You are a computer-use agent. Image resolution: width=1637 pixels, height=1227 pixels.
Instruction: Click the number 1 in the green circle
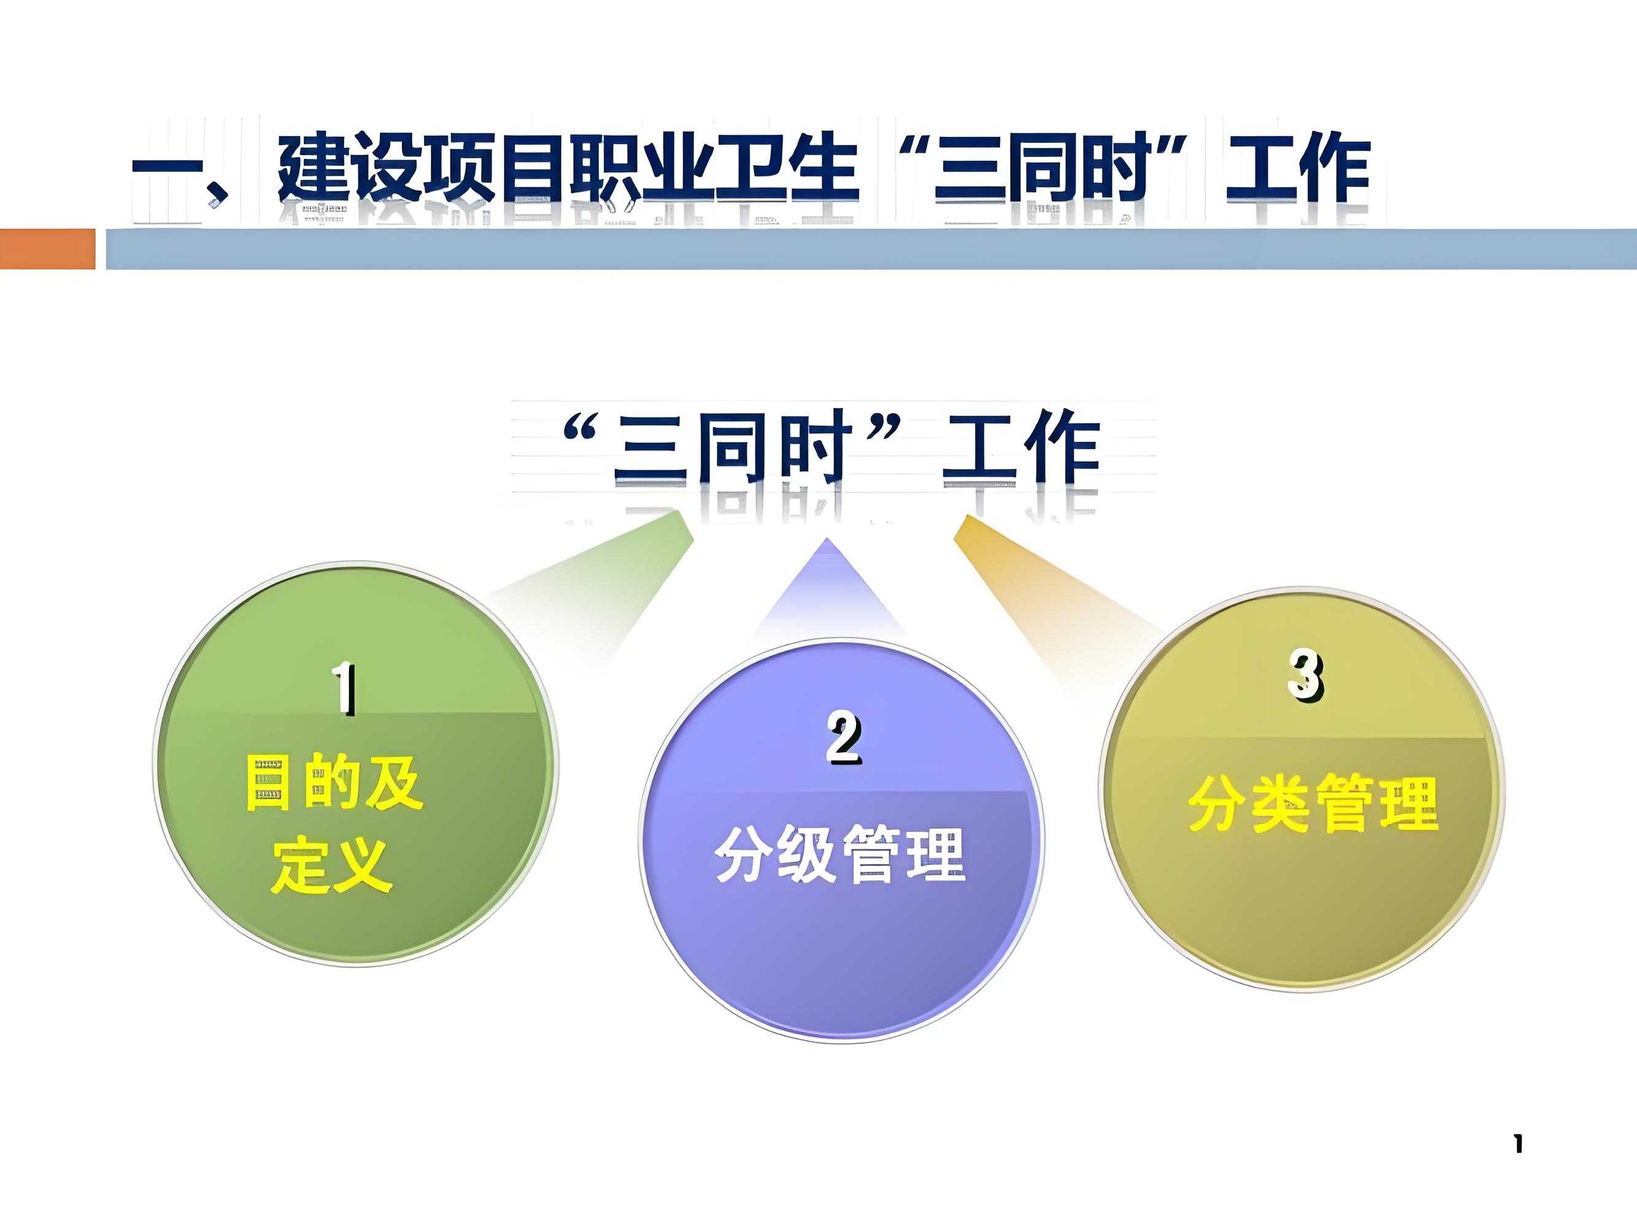tap(344, 688)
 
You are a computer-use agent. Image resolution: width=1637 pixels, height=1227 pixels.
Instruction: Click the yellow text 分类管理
tap(1314, 804)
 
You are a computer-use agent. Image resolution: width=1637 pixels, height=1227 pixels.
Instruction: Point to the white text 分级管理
tap(841, 854)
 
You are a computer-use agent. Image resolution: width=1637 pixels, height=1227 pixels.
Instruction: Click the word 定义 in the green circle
tap(331, 864)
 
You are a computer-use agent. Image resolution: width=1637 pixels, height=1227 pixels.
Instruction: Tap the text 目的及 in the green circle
tap(334, 782)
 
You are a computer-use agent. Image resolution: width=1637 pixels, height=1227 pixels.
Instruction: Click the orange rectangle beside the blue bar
tap(47, 248)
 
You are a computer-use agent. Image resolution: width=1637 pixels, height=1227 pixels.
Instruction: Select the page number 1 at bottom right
tap(1518, 1144)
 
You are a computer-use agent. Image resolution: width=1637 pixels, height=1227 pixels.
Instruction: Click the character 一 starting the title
tap(168, 176)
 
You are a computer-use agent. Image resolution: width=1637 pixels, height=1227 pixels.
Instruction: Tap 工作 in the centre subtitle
tap(1021, 448)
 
